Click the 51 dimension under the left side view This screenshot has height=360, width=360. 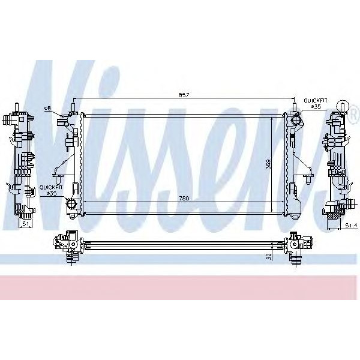(25, 224)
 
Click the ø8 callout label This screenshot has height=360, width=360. (49, 108)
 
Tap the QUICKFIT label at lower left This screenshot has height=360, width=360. (50, 187)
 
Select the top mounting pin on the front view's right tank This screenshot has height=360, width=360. (295, 108)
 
